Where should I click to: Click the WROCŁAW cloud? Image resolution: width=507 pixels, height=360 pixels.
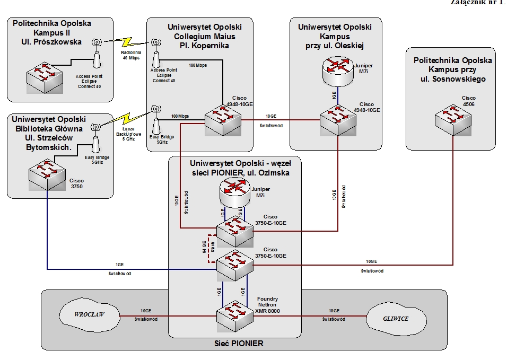[89, 314]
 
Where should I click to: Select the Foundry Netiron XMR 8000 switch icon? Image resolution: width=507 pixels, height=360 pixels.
[234, 315]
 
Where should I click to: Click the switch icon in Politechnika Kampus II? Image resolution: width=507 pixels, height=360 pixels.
[46, 77]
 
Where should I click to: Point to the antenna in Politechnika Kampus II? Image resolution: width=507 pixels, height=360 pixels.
[97, 52]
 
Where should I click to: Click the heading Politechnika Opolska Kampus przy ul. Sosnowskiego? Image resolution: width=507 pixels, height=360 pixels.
[452, 69]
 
